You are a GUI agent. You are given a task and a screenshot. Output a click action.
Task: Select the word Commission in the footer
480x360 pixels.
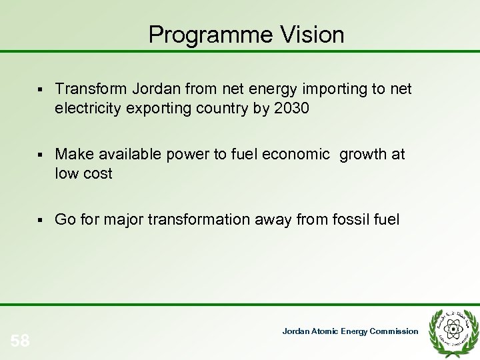396,331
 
